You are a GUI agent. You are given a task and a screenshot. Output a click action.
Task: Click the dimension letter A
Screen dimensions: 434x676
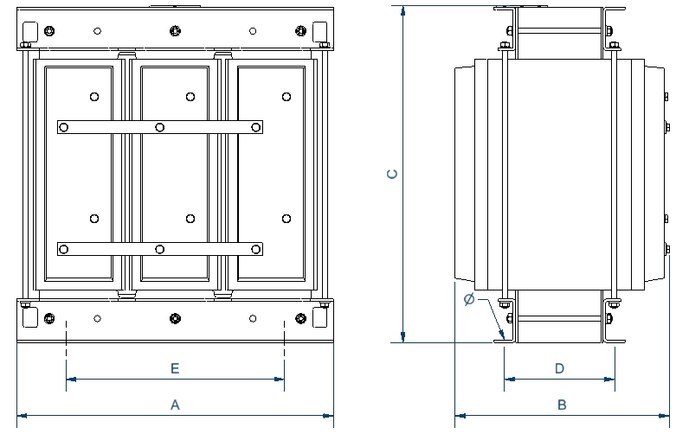(x=174, y=404)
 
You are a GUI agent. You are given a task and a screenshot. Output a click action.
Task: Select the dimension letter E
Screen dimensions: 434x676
(x=174, y=368)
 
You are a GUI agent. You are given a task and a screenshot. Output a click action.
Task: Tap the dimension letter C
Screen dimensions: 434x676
(x=392, y=174)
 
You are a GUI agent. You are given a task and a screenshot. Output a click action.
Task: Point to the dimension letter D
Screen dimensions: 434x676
(x=559, y=368)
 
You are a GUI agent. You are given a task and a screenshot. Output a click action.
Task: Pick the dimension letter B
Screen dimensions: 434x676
(x=562, y=404)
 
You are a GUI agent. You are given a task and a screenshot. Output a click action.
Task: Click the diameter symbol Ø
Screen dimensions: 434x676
(x=468, y=300)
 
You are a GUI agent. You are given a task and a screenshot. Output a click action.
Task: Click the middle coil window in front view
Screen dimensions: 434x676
(x=174, y=186)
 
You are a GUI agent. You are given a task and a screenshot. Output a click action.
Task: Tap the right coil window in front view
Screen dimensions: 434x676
(x=270, y=186)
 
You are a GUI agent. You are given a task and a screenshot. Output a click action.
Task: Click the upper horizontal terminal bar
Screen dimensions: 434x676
(x=159, y=128)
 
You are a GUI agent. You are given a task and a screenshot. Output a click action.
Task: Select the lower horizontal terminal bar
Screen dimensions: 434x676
(x=159, y=249)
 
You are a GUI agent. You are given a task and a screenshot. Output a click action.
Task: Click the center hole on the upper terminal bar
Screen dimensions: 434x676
(x=160, y=128)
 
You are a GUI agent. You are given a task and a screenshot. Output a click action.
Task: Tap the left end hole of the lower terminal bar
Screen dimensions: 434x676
(x=63, y=249)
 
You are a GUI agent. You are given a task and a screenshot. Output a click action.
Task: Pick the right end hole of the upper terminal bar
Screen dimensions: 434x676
(x=256, y=128)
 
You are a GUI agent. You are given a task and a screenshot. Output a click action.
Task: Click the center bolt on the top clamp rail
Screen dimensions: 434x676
(x=175, y=31)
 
